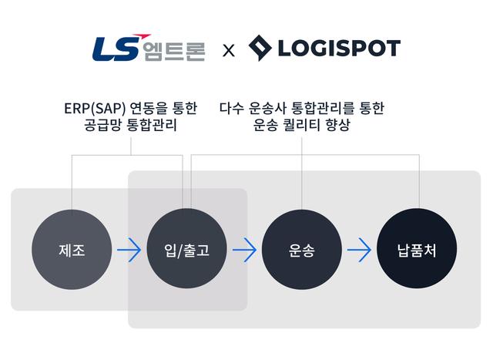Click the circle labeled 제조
pyautogui.click(x=72, y=250)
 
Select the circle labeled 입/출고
pyautogui.click(x=186, y=250)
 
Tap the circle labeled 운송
pyautogui.click(x=301, y=250)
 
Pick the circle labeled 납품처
pyautogui.click(x=417, y=250)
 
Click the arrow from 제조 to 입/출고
pyautogui.click(x=129, y=250)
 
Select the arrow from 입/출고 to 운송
pyautogui.click(x=244, y=250)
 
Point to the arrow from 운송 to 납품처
pyautogui.click(x=359, y=250)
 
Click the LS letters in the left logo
pyautogui.click(x=114, y=49)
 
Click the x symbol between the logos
pyautogui.click(x=228, y=52)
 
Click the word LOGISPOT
pyautogui.click(x=337, y=49)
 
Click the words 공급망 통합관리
pyautogui.click(x=131, y=125)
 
